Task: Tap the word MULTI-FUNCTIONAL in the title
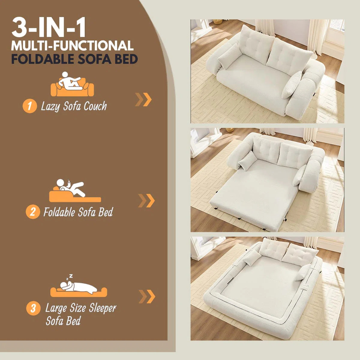click(x=72, y=46)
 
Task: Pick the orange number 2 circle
click(x=32, y=212)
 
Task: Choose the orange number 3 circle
click(x=33, y=308)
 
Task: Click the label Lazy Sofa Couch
click(x=74, y=106)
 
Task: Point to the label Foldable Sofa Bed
click(x=78, y=212)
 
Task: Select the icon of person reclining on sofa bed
click(x=75, y=191)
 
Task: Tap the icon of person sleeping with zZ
click(x=78, y=286)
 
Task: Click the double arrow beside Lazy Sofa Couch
click(x=143, y=99)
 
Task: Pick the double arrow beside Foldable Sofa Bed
click(x=146, y=201)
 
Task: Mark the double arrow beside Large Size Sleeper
click(x=147, y=296)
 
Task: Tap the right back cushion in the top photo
click(x=288, y=55)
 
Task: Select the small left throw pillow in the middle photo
click(x=247, y=160)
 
